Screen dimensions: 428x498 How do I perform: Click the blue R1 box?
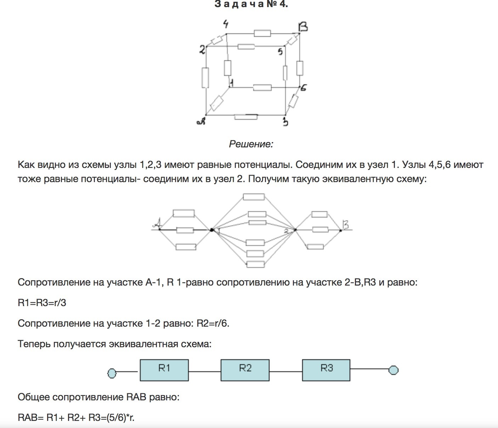[x=164, y=370]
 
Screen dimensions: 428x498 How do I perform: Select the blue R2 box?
[x=245, y=370]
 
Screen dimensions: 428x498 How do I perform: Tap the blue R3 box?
[x=326, y=370]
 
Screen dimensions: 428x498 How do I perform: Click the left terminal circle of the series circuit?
[x=112, y=373]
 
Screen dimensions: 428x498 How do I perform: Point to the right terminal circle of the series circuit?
[x=393, y=370]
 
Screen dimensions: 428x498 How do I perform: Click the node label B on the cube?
[x=303, y=27]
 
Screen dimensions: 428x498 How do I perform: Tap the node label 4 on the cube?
[x=226, y=24]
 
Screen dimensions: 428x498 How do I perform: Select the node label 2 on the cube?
[x=202, y=50]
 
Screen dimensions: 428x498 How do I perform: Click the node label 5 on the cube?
[x=280, y=52]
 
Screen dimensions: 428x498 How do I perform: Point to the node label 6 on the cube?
[x=304, y=88]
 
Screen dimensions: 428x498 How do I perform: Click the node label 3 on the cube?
[x=285, y=122]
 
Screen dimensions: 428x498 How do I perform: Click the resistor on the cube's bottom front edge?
[x=246, y=117]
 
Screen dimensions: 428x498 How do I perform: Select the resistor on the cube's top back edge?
[x=262, y=33]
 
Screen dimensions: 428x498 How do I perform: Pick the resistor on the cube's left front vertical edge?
[x=205, y=77]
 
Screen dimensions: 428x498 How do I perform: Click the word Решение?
[x=251, y=144]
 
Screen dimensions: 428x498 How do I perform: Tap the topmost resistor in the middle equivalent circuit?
[x=254, y=197]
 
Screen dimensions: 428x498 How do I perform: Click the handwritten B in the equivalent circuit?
[x=345, y=225]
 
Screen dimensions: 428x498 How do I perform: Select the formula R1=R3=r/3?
[x=42, y=303]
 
